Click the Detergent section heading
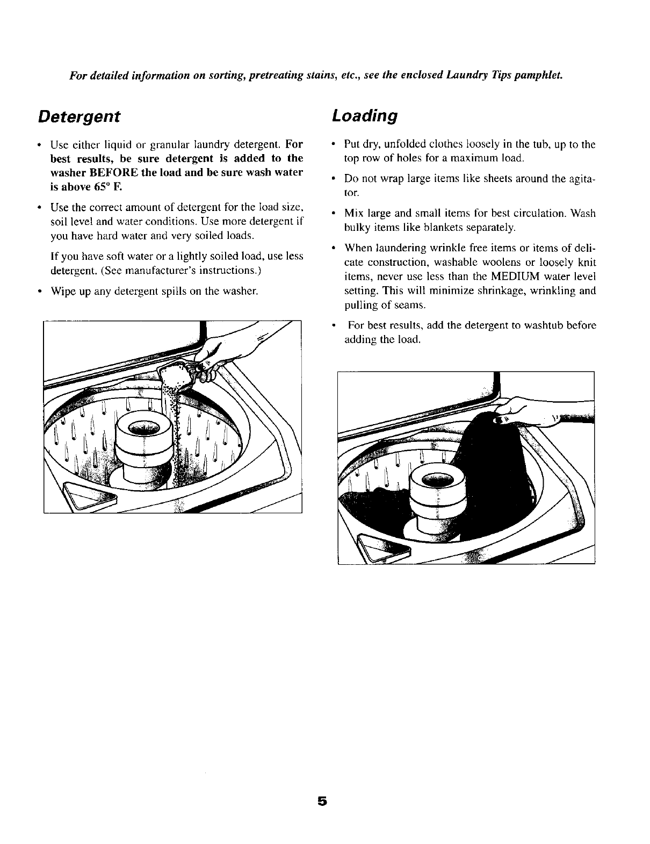pyautogui.click(x=79, y=117)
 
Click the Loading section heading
pyautogui.click(x=365, y=117)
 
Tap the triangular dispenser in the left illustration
pyautogui.click(x=86, y=493)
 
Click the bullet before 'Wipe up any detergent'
pyautogui.click(x=40, y=292)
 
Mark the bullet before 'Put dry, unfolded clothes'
pyautogui.click(x=335, y=144)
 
